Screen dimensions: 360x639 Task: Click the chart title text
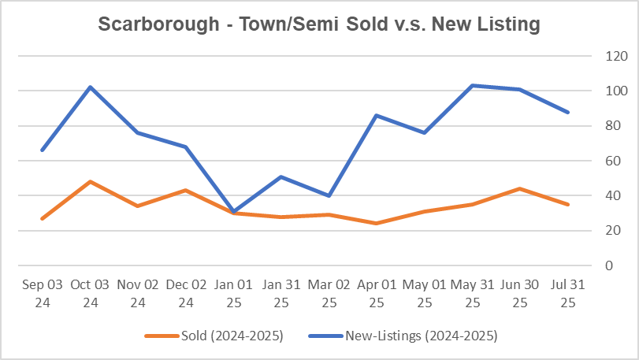[319, 24]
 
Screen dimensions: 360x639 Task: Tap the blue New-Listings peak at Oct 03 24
[90, 87]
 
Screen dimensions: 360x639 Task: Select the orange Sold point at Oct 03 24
[90, 181]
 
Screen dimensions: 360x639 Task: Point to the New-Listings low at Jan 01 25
[233, 211]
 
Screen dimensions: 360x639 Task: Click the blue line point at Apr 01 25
[377, 115]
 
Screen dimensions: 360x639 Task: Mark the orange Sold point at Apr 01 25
[377, 223]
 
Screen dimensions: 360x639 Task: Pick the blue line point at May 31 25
[472, 85]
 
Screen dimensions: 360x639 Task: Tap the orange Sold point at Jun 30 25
[519, 188]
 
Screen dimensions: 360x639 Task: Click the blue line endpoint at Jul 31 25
[567, 112]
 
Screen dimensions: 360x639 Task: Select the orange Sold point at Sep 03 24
[43, 218]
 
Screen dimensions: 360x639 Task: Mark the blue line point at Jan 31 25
[281, 176]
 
